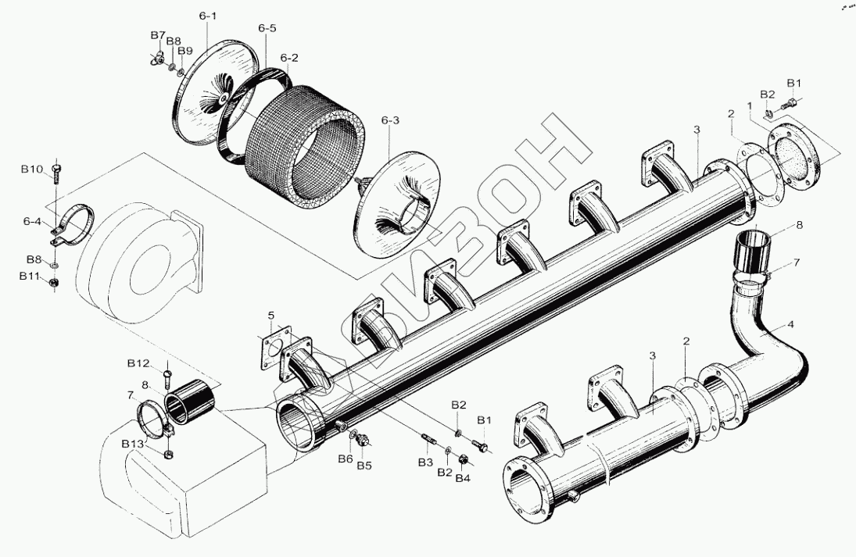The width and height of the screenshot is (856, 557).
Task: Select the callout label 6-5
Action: (267, 29)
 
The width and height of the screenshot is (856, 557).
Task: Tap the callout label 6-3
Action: (390, 120)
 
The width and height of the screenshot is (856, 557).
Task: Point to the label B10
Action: (32, 169)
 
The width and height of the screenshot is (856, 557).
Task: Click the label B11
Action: (29, 276)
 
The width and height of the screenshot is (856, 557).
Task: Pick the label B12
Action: (138, 363)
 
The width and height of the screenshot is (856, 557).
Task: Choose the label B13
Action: (132, 444)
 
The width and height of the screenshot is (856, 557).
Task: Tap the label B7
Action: (158, 36)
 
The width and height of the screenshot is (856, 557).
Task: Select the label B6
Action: (346, 459)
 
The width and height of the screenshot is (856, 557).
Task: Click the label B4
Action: (463, 477)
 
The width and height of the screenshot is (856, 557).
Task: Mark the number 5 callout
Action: (270, 316)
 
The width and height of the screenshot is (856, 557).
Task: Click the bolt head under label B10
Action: (56, 167)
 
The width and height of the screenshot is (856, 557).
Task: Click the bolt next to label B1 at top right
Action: (793, 101)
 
